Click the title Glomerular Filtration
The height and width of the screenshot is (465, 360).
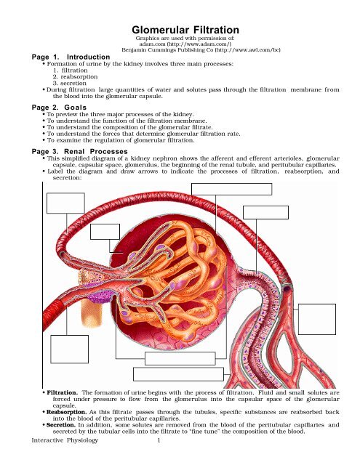tap(185, 30)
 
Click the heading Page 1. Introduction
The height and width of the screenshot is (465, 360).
tap(71, 57)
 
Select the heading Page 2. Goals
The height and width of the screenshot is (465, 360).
tap(59, 108)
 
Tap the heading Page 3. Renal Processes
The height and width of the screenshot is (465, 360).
tap(79, 152)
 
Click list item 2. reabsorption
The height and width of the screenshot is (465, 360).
tap(76, 77)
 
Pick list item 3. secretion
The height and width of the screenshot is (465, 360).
tap(70, 84)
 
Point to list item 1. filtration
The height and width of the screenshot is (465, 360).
tap(71, 70)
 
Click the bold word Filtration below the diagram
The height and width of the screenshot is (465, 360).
tap(62, 392)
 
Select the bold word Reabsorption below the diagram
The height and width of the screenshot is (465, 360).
tap(66, 412)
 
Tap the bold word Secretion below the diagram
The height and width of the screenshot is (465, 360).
tap(61, 425)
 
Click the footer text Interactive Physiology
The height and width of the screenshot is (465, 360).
tap(65, 440)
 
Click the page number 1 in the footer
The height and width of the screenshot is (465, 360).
tap(159, 440)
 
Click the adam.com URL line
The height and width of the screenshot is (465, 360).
tap(185, 44)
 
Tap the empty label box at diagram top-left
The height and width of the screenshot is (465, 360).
tap(65, 203)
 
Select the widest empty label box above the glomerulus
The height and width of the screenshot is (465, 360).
tap(231, 189)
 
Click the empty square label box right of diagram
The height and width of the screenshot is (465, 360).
tap(317, 319)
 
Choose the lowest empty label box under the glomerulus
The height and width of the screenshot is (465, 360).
tap(178, 374)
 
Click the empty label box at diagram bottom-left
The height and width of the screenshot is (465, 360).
tap(69, 349)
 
